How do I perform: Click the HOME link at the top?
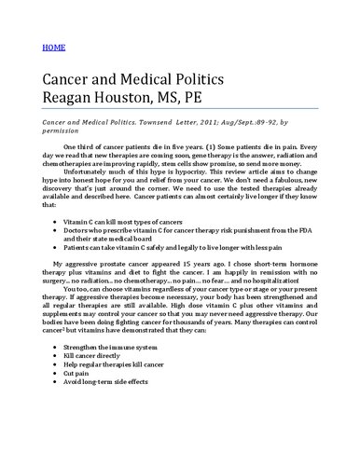click(53, 45)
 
